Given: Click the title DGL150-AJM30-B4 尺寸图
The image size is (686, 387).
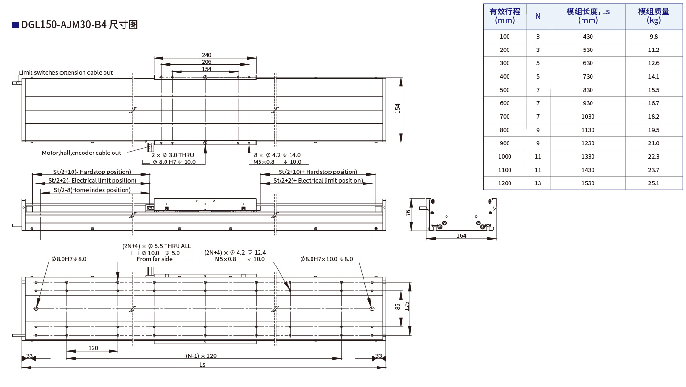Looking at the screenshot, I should tap(79, 25).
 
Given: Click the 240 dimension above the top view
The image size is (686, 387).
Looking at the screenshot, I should tap(206, 55).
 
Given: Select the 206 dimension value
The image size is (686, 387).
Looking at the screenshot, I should tap(206, 62).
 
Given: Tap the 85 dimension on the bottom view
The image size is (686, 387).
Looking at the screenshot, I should tap(398, 307).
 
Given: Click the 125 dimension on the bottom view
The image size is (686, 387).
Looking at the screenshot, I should tap(407, 307).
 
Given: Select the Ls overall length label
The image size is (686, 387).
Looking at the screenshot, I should tap(202, 364).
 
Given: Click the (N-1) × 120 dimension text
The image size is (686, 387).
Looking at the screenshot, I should tap(201, 356).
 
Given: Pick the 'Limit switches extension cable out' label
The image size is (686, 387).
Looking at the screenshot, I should tap(66, 73).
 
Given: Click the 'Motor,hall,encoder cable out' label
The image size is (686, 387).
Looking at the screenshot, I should tap(82, 153).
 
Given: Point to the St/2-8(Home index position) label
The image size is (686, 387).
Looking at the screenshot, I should tap(92, 190).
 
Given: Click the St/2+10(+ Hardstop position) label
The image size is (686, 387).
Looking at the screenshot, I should tap(318, 172).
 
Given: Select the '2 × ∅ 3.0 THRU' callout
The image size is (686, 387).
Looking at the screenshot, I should tap(173, 155).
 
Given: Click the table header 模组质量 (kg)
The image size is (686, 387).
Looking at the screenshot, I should tap(654, 16).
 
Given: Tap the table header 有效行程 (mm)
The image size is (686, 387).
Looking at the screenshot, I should tap(505, 16).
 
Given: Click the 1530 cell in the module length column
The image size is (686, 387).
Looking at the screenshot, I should tap(588, 183).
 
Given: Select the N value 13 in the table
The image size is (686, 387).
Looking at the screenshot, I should tap(538, 183).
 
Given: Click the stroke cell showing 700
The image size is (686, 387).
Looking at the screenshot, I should tap(505, 116).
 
